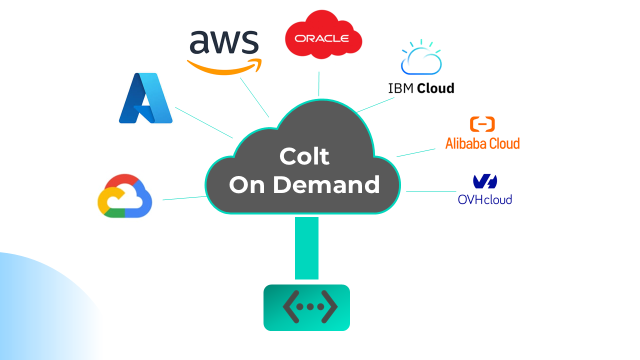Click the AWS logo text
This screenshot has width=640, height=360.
224,43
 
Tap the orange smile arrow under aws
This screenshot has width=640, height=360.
224,68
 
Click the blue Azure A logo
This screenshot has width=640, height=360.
145,98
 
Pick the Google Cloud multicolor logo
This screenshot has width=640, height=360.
124,196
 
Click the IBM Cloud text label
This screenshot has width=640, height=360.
421,88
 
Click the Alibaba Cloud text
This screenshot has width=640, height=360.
482,143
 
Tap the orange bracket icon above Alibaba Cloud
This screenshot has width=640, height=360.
482,124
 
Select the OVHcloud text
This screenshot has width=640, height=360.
484,199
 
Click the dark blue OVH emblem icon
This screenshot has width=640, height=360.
484,181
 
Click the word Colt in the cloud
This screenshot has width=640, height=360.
304,156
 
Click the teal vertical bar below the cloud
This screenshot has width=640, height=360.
306,248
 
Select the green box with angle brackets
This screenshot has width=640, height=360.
306,307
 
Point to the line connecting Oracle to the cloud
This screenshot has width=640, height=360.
319,83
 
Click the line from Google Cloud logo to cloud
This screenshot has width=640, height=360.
184,198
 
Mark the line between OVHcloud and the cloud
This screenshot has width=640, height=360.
431,191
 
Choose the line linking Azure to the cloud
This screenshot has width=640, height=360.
204,122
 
